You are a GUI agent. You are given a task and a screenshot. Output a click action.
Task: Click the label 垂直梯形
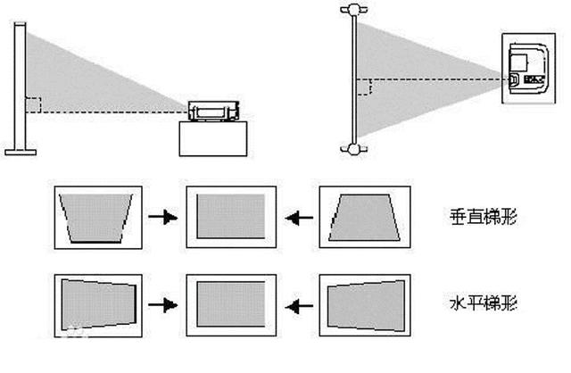[484, 216]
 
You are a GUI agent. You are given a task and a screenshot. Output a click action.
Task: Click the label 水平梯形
[484, 303]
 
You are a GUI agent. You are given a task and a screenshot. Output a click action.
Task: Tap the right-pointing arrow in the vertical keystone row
[162, 217]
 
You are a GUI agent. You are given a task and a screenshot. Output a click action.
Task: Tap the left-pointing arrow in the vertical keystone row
[299, 218]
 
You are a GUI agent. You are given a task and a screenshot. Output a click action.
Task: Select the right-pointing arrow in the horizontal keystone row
[162, 305]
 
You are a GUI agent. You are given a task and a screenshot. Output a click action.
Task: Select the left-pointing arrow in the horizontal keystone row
[299, 306]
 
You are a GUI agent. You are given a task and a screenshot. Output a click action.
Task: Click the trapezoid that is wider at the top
[95, 218]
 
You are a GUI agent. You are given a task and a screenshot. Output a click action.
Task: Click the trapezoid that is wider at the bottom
[364, 218]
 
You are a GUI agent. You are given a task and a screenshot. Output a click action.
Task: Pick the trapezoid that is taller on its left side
[98, 304]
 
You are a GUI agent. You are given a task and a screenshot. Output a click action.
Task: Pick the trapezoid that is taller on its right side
[366, 305]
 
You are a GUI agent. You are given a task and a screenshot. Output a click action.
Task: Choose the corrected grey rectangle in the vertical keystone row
[231, 216]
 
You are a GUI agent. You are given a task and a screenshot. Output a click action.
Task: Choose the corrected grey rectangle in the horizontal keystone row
[231, 304]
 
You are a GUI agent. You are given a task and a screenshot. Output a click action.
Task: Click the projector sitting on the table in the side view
[214, 112]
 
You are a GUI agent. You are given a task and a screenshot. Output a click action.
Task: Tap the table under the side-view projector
[213, 139]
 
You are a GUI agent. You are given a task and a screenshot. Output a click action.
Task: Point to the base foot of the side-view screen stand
[21, 152]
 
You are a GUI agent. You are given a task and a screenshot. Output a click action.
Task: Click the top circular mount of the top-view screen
[353, 10]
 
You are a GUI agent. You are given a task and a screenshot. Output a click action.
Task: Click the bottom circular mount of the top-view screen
[353, 149]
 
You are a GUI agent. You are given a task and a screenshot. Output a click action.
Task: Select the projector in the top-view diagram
[528, 69]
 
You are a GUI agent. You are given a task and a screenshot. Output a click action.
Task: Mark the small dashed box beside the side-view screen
[33, 105]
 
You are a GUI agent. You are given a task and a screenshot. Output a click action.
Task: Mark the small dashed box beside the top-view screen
[364, 87]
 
